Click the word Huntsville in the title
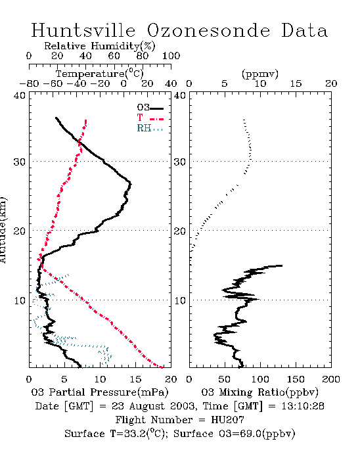pos(83,30)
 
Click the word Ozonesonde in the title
pos(208,30)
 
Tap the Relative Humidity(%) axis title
pos(100,46)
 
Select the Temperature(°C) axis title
pos(100,74)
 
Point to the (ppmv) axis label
pos(260,74)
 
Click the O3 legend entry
pos(150,108)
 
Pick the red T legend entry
pos(150,118)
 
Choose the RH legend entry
pos(150,128)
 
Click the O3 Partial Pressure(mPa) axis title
pos(100,392)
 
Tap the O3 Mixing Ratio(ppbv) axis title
pos(259,392)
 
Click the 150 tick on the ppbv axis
pos(296,379)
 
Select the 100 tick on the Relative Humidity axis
pos(171,56)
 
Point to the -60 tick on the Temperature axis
pos(53,83)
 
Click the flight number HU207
pos(227,420)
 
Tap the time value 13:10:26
pos(303,406)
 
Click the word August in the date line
pos(147,406)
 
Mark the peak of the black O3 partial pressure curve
pos(131,184)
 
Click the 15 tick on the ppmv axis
pos(296,83)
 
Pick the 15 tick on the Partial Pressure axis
pos(135,379)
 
